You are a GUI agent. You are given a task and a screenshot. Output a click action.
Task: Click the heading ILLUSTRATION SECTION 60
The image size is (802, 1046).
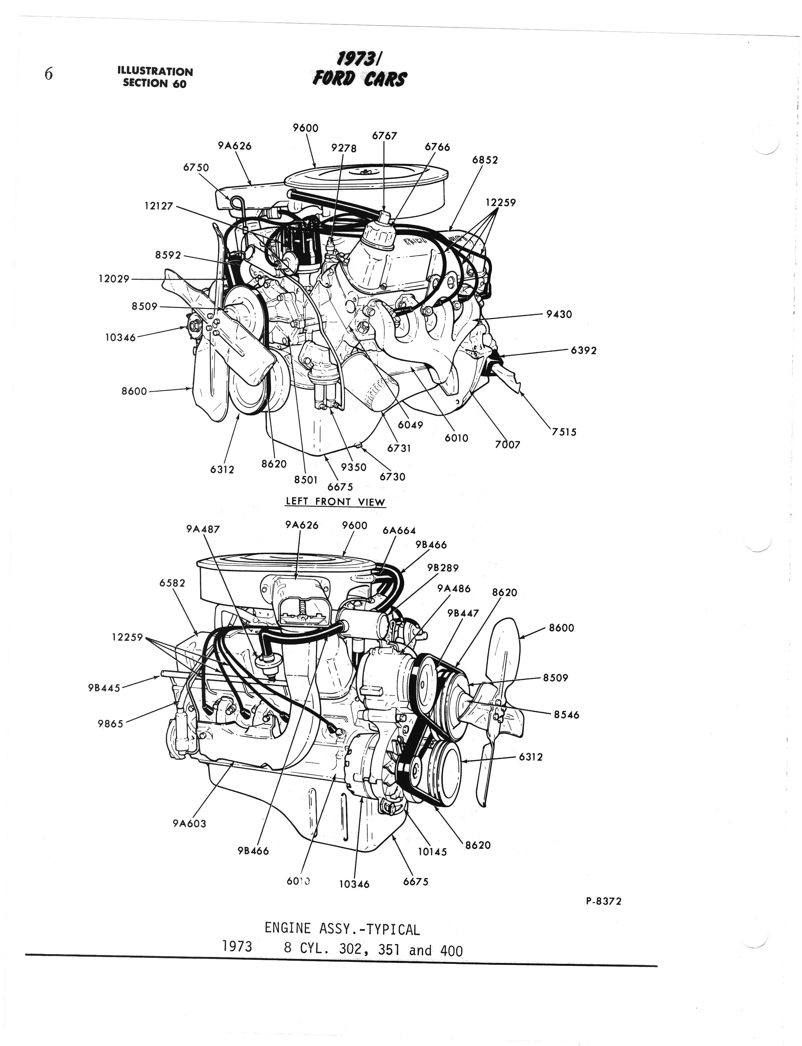pos(155,77)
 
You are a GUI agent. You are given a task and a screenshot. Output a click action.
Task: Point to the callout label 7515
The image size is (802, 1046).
pos(564,432)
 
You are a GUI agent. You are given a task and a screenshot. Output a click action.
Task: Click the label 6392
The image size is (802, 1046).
pos(583,351)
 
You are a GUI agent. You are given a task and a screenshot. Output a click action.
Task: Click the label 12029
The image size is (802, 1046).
pos(114,279)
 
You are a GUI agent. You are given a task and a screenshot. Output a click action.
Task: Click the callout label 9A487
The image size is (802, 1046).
pos(203,529)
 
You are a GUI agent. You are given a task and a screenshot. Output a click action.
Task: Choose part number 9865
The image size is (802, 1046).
pos(110,724)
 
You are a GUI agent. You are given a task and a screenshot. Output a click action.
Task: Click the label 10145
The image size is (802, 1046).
pos(432,852)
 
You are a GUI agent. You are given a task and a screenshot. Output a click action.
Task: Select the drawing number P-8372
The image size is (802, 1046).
pos(603,901)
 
